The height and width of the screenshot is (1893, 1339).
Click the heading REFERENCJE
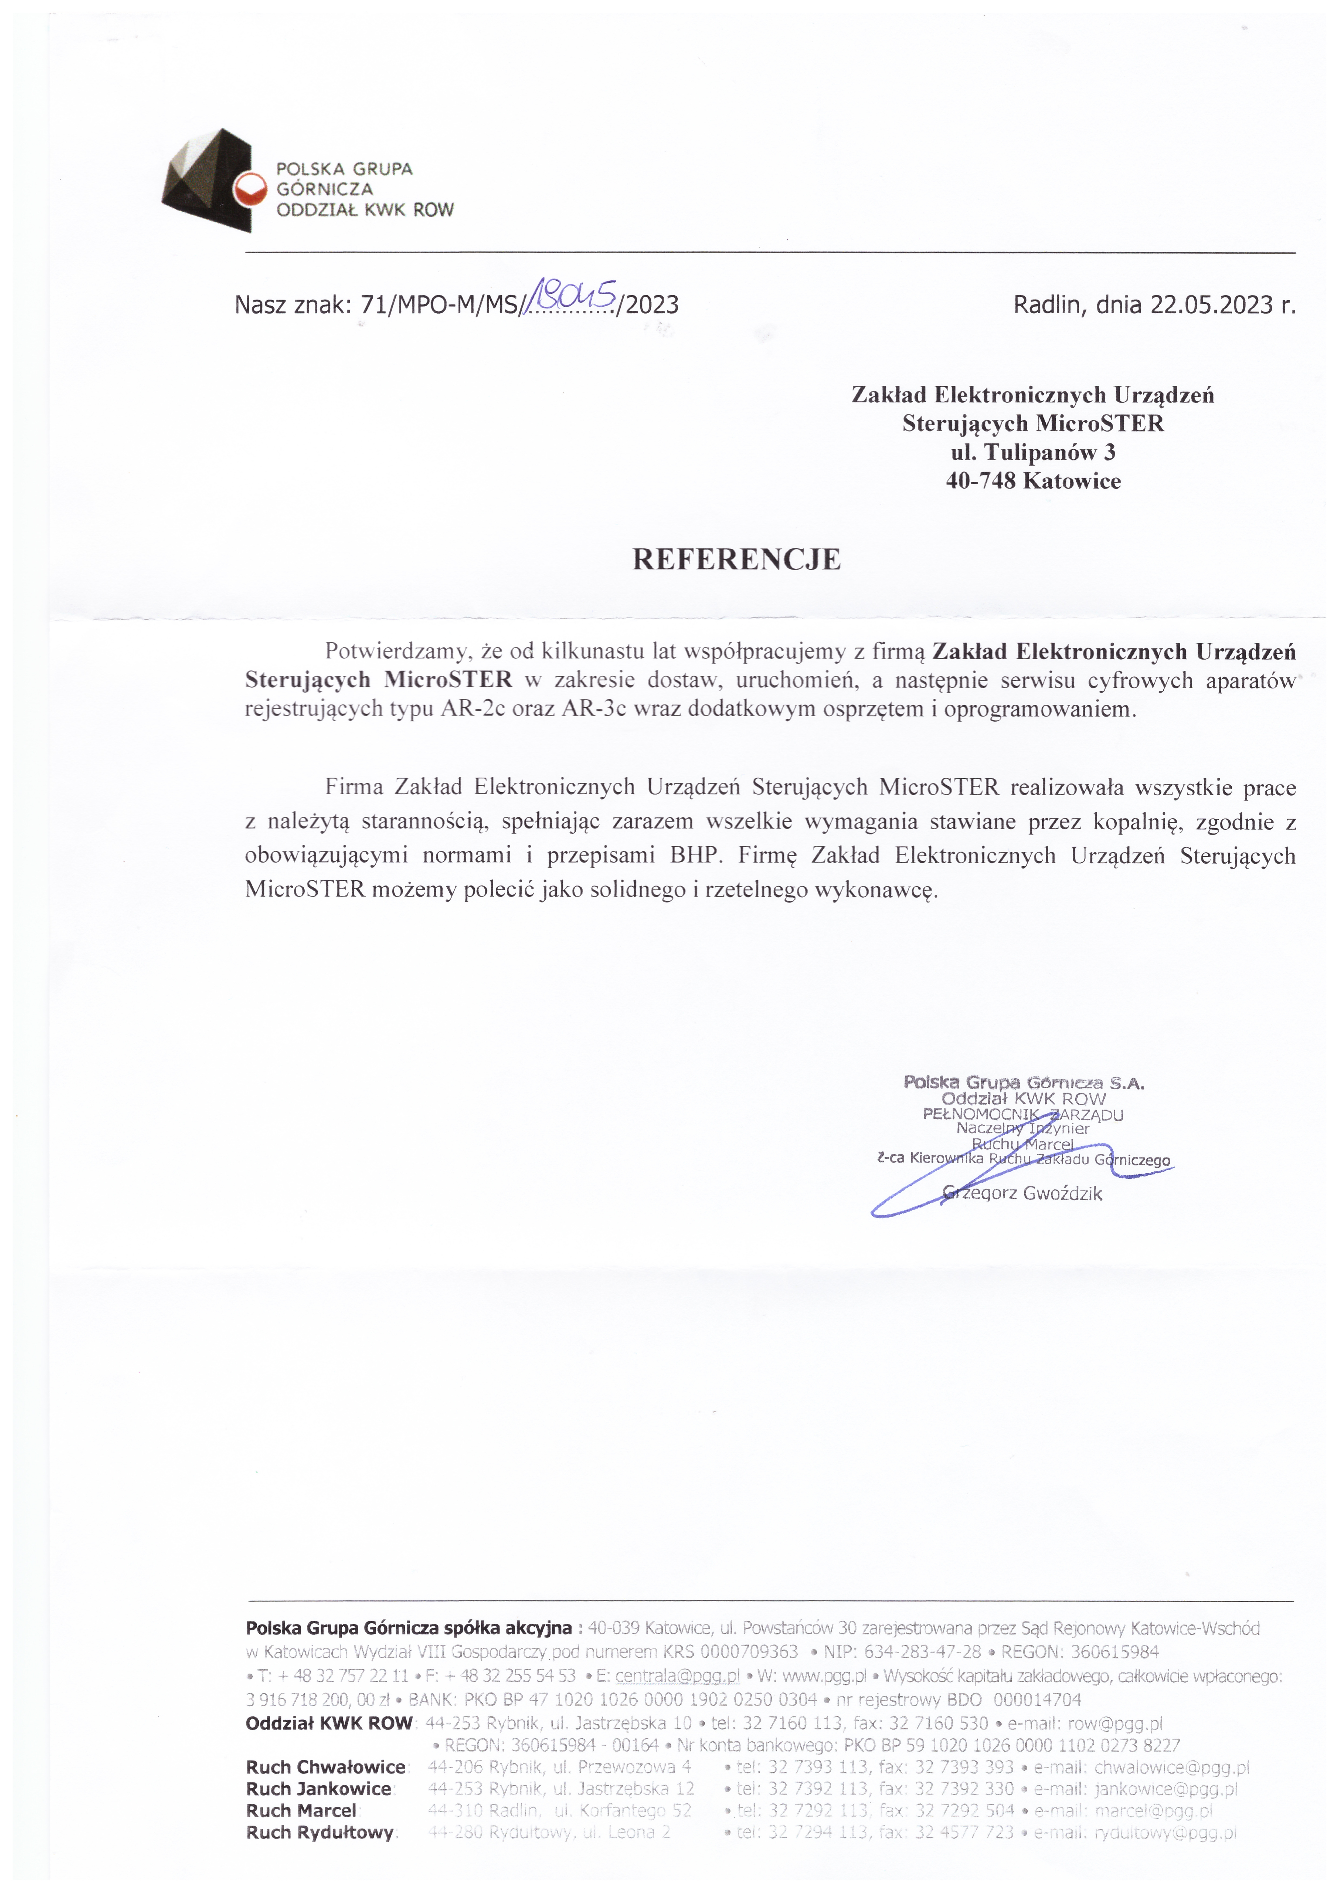click(x=736, y=560)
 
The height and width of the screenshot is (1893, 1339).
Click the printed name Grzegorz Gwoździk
click(x=1022, y=1193)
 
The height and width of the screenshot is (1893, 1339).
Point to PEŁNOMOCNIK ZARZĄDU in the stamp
click(x=1022, y=1115)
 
